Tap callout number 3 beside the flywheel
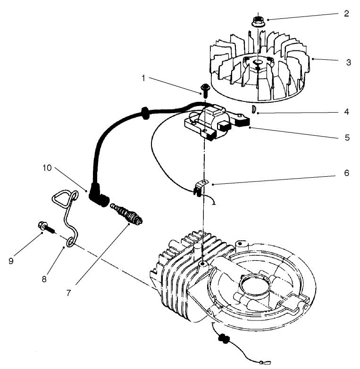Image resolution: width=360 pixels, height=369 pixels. [x=348, y=62]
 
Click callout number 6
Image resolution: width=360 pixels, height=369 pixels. [x=346, y=173]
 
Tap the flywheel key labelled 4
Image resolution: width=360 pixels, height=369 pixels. [x=253, y=110]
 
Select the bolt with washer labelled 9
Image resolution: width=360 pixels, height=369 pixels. [x=43, y=227]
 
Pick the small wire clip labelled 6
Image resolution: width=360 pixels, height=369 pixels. [x=201, y=186]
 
